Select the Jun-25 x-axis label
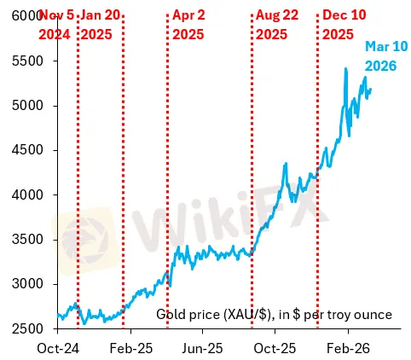[x=205, y=348]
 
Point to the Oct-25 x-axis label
[x=277, y=348]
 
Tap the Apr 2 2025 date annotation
[x=188, y=25]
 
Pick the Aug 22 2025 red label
[x=276, y=25]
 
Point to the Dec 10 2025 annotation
[x=344, y=25]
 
